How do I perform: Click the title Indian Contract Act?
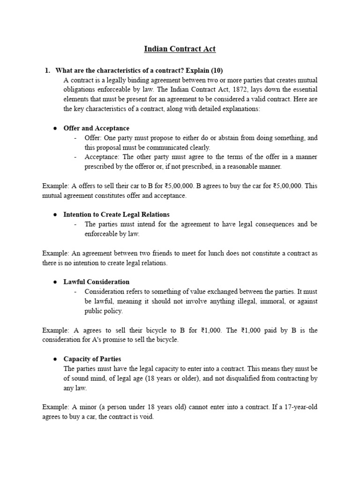[x=180, y=49]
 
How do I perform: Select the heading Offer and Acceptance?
[x=96, y=128]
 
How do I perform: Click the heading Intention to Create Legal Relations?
[x=116, y=214]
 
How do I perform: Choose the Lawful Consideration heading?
[x=96, y=282]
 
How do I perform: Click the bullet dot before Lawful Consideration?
[x=55, y=282]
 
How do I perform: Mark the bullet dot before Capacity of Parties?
[x=55, y=359]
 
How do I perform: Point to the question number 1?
[x=47, y=71]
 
